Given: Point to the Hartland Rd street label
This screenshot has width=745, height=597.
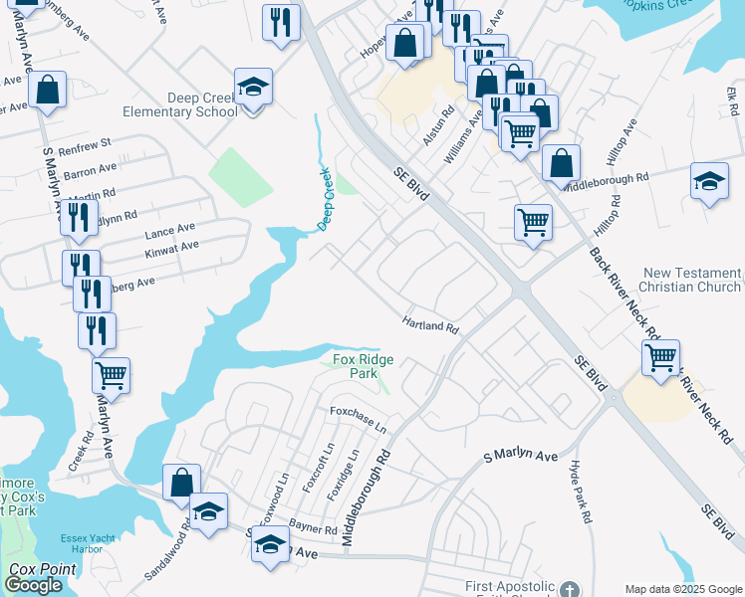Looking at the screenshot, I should (430, 325).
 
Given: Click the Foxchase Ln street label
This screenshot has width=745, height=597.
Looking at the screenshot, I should (358, 419).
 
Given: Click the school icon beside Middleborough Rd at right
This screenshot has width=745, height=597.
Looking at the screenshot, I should (708, 182).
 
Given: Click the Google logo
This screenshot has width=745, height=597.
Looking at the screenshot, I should (34, 585).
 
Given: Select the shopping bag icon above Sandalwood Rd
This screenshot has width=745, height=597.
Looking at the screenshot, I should (181, 483).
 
